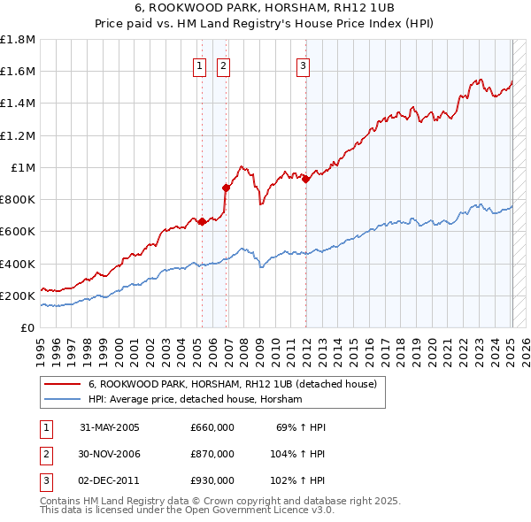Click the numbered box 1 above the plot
199,65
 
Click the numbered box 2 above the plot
223,65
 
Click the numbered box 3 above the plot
303,65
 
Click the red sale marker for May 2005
202,221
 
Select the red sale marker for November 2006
226,188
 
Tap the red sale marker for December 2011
306,179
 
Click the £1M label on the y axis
23,168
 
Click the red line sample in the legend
61,385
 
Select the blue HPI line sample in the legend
61,400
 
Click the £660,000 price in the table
212,427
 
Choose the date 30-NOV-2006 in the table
110,454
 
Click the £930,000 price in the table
212,480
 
